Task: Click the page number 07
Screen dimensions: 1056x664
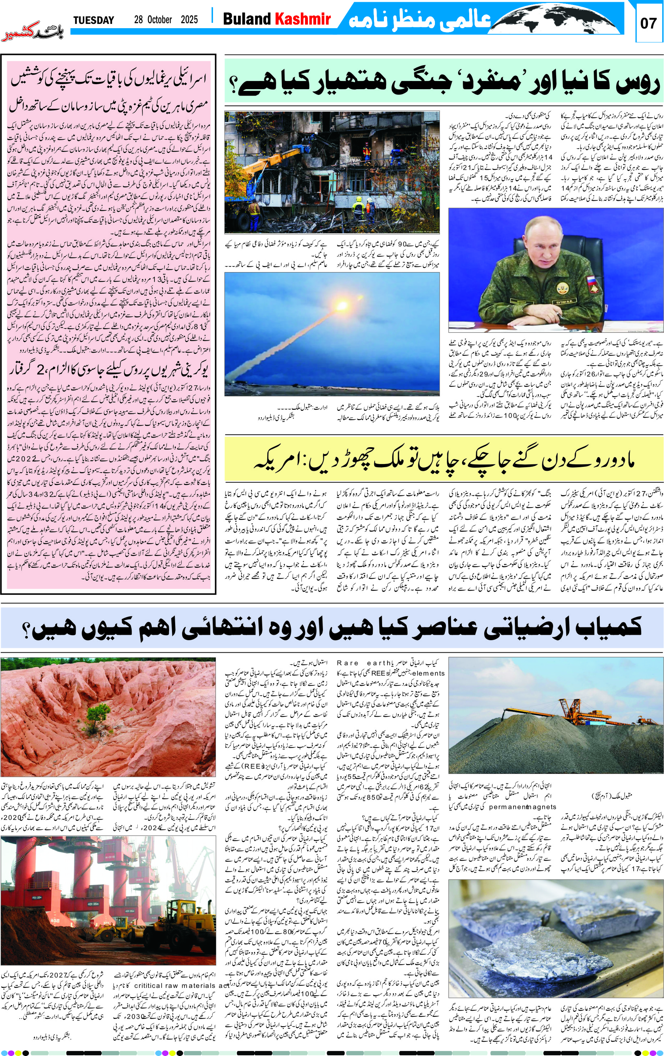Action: [x=648, y=23]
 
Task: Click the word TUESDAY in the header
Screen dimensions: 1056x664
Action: [x=93, y=20]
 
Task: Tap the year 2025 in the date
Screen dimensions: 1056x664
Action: [x=189, y=20]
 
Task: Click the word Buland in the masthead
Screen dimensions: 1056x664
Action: [x=247, y=19]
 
